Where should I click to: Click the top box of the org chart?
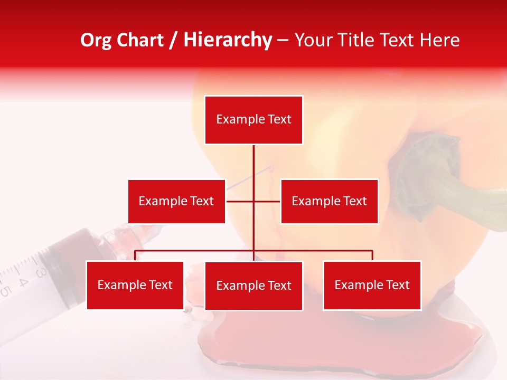tap(253, 120)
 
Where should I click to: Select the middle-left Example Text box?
tap(176, 201)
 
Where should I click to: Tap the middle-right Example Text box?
tap(329, 201)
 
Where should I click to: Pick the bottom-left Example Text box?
tap(135, 285)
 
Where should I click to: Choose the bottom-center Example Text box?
tap(253, 286)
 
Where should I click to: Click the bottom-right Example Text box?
tap(372, 285)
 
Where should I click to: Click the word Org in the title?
tap(96, 40)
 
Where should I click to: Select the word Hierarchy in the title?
tap(228, 40)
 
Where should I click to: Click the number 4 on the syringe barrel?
tap(23, 281)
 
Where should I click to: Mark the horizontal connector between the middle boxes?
tap(240, 201)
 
